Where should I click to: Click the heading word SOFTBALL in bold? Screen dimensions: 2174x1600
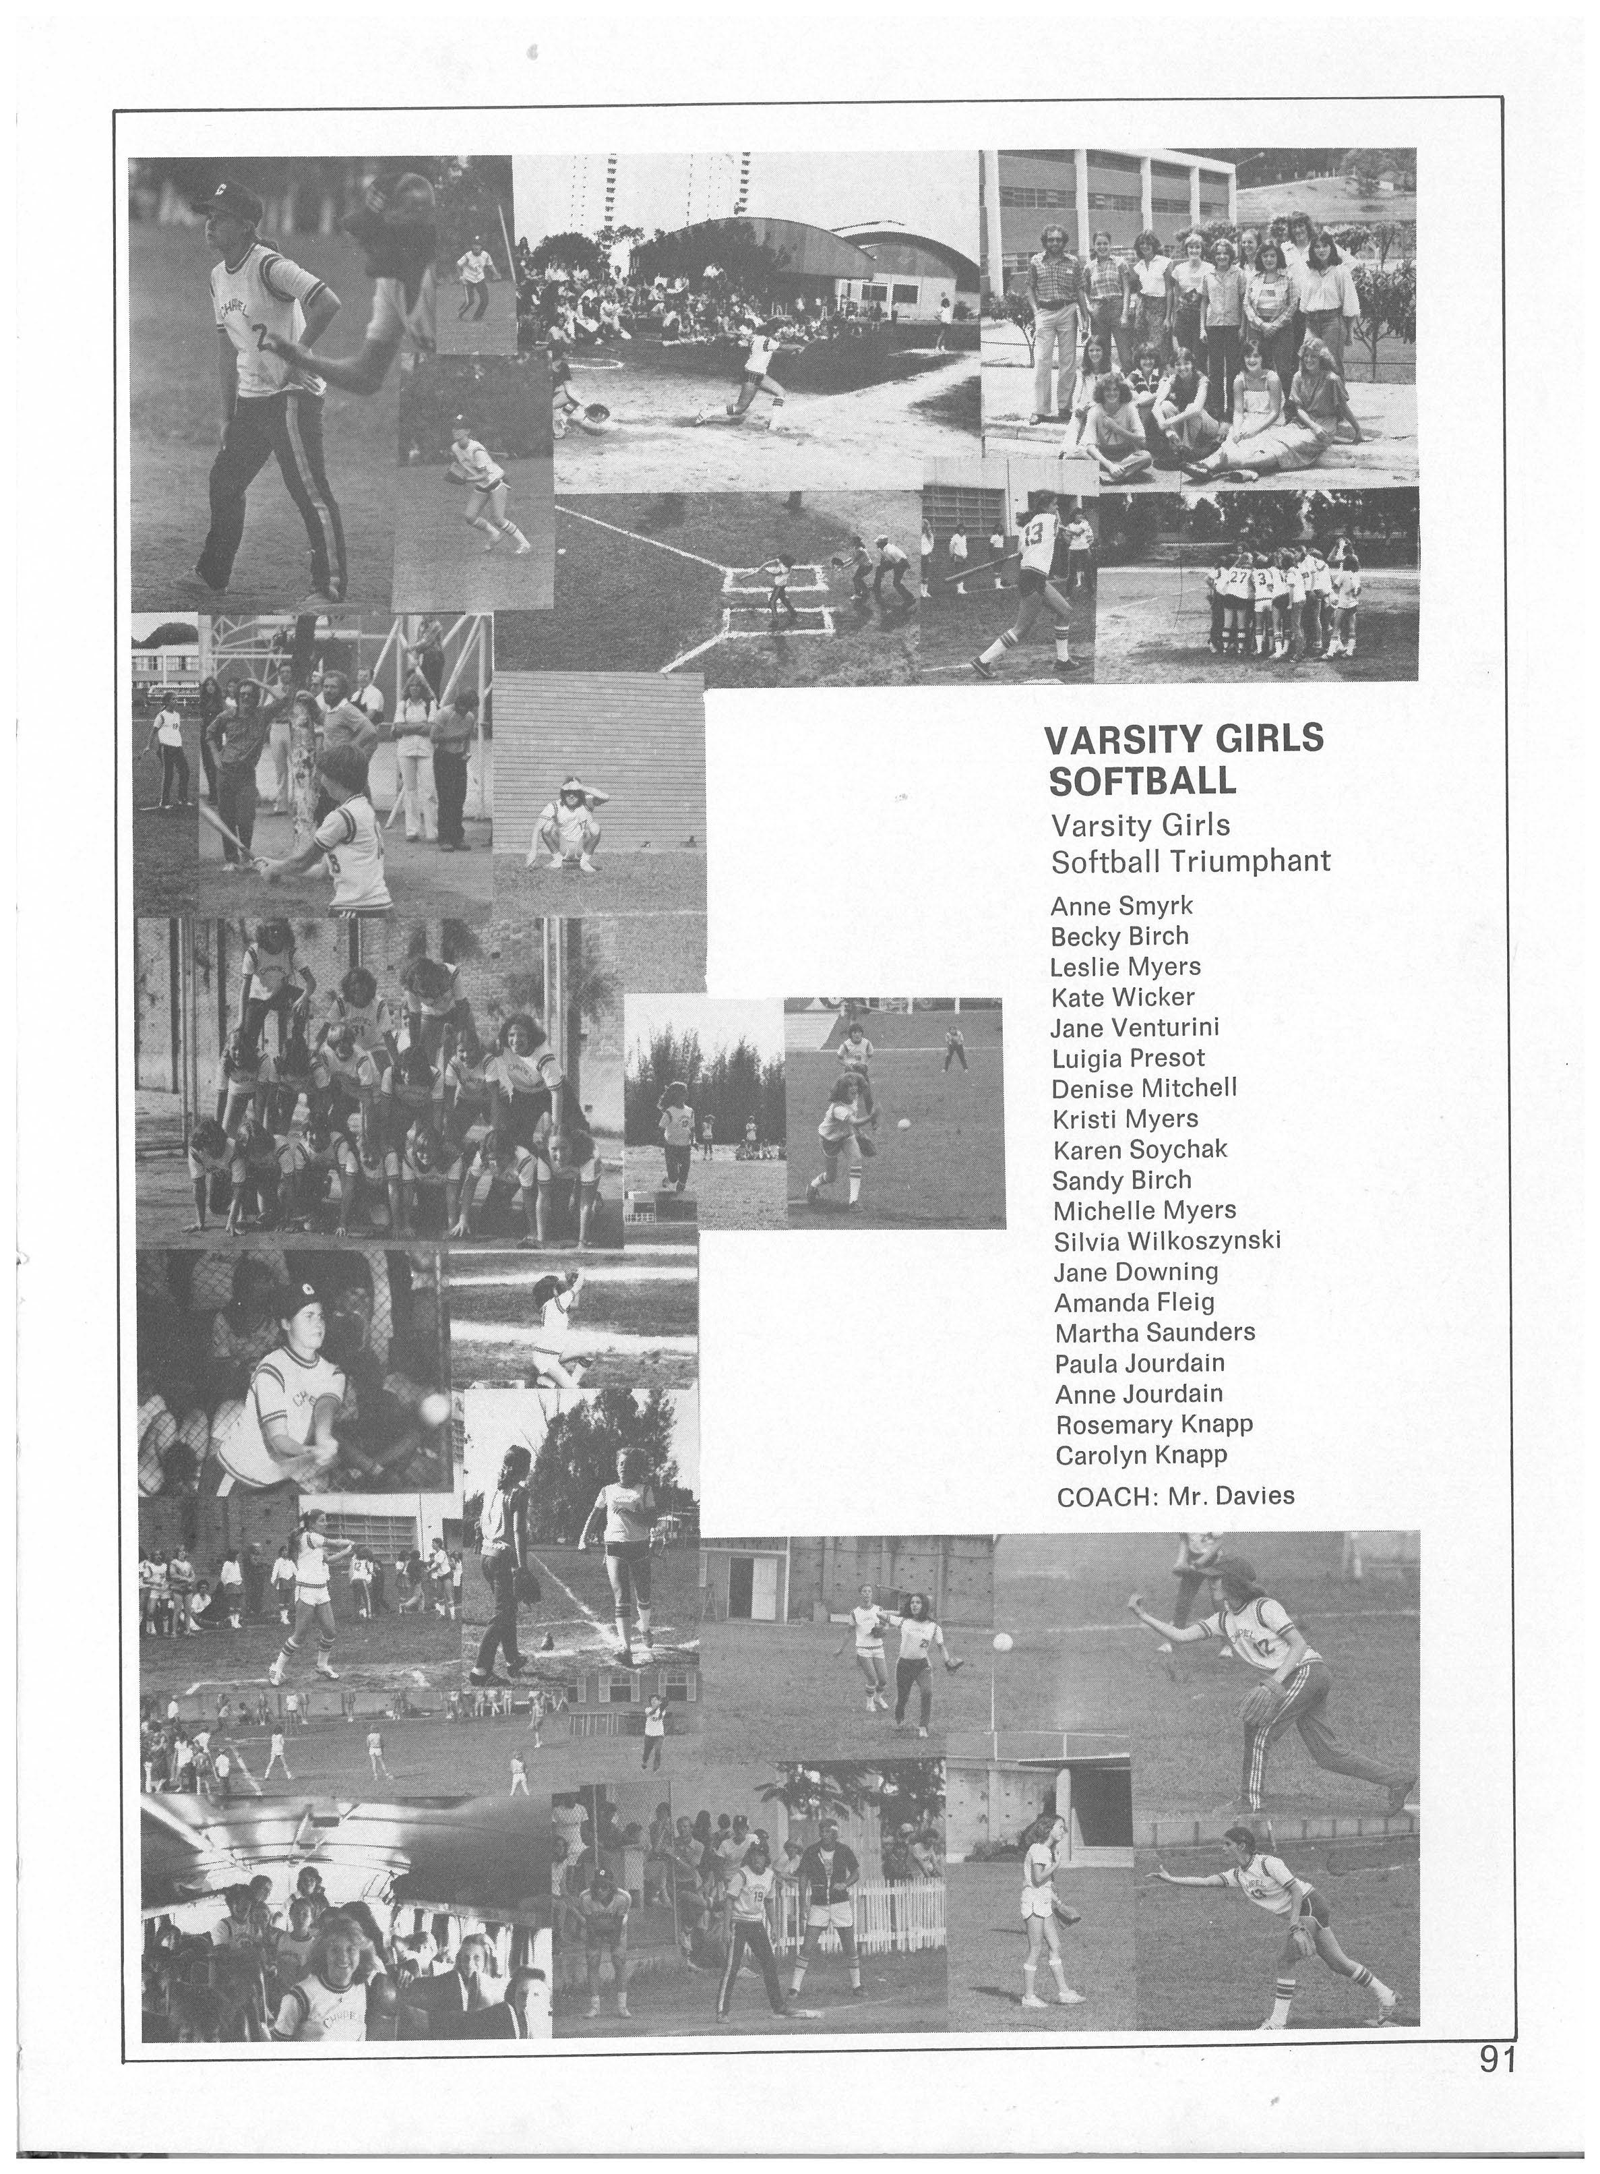[x=1143, y=780]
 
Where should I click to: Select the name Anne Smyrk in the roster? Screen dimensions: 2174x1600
[x=1121, y=907]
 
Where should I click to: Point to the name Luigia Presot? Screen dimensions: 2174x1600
[x=1128, y=1058]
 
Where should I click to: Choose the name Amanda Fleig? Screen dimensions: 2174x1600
[x=1133, y=1302]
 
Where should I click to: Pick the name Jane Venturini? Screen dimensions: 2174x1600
[x=1135, y=1027]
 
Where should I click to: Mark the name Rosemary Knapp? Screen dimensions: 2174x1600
[x=1152, y=1424]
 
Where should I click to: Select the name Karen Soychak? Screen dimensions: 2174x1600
[x=1139, y=1149]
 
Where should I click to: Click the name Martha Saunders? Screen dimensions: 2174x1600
[x=1154, y=1332]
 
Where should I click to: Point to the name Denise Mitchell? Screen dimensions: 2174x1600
[x=1144, y=1088]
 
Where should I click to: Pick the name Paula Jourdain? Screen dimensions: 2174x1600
[x=1139, y=1363]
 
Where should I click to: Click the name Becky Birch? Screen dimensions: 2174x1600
[x=1119, y=937]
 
